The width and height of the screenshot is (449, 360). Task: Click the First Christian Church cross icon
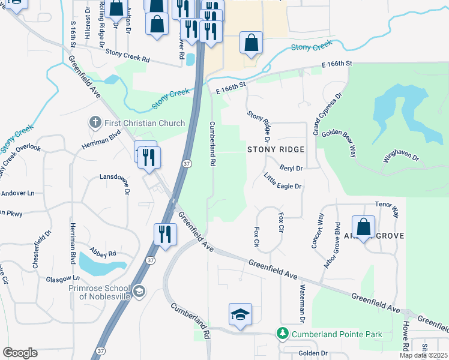pyautogui.click(x=95, y=123)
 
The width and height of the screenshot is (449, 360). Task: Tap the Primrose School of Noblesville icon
pyautogui.click(x=139, y=291)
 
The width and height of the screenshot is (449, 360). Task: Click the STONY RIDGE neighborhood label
pyautogui.click(x=276, y=149)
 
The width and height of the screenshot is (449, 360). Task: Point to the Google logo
pyautogui.click(x=20, y=352)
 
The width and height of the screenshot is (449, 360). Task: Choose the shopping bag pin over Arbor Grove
pyautogui.click(x=363, y=227)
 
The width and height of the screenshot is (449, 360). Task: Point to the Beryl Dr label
pyautogui.click(x=291, y=169)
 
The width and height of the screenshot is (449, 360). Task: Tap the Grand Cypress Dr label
pyautogui.click(x=326, y=113)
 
